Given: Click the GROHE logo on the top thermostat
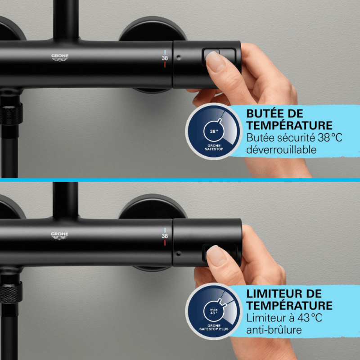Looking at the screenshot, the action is click(x=60, y=58).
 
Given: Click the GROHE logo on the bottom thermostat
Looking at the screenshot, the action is click(x=60, y=235).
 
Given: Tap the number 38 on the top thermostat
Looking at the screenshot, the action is click(x=165, y=58).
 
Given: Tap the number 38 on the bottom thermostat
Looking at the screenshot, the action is click(x=165, y=236).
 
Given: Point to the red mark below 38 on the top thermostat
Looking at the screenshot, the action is click(x=165, y=65).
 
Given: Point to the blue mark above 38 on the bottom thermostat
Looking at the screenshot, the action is click(x=165, y=230).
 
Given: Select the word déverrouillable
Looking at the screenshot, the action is click(x=281, y=150).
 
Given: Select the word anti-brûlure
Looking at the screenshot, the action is click(x=274, y=330).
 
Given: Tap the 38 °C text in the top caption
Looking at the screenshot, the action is click(x=330, y=138).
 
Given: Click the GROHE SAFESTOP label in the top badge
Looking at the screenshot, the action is click(x=214, y=148).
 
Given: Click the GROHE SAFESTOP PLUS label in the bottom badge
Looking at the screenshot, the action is click(x=214, y=328).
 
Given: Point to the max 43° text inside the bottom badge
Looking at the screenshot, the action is click(x=214, y=311).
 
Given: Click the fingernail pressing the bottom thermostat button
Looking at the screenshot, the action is click(x=216, y=255).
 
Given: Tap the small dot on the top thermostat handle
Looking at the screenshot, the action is click(x=179, y=58).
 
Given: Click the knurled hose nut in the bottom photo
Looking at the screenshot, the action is click(x=11, y=292).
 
